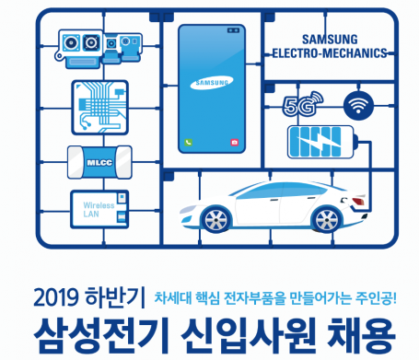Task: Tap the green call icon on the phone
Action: [x=188, y=143]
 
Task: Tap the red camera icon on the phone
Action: [x=236, y=143]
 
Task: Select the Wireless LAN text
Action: [x=98, y=208]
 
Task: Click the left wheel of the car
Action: [x=215, y=221]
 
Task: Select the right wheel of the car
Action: [x=328, y=221]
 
